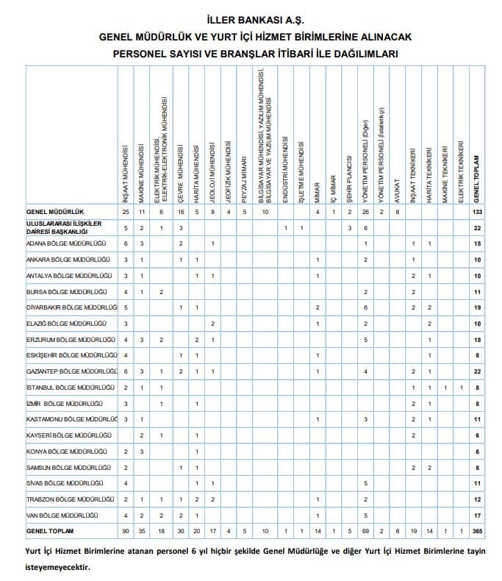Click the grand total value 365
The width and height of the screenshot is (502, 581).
pos(477,530)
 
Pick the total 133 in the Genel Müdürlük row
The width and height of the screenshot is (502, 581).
pos(477,212)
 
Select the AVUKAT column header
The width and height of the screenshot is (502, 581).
pos(397,191)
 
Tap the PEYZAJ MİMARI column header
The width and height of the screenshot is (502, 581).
pos(245,176)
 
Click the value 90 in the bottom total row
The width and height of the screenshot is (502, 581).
pos(126,530)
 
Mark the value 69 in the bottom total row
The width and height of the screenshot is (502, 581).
pos(365,530)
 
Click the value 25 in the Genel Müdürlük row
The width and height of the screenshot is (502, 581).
pos(126,212)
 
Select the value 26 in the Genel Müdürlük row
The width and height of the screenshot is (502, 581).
pos(365,212)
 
